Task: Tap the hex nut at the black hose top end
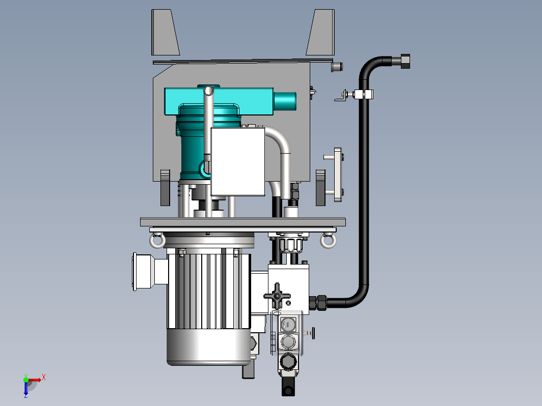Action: click(405, 61)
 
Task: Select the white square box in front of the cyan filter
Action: click(238, 162)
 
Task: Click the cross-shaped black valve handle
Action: click(277, 296)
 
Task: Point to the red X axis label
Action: click(44, 377)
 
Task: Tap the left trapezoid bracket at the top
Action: click(165, 32)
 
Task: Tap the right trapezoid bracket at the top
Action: click(320, 32)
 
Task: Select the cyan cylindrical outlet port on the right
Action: click(285, 101)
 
